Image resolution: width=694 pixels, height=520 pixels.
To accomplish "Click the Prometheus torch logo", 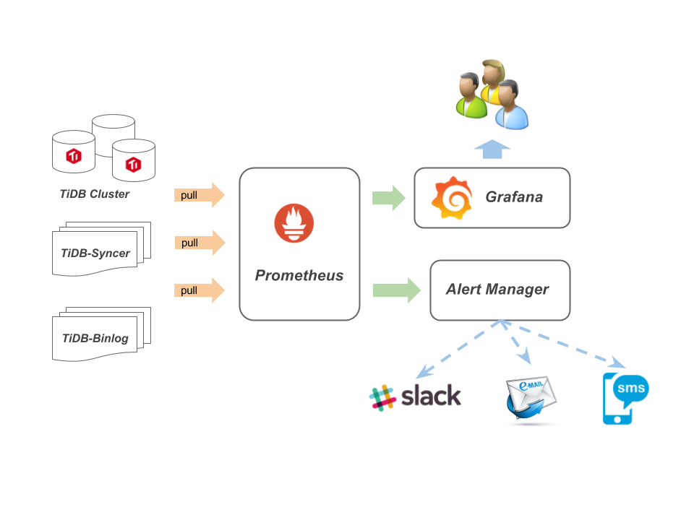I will pos(294,224).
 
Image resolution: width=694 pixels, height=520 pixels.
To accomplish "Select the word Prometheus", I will pos(299,275).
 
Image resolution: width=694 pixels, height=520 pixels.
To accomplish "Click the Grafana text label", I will pos(514,197).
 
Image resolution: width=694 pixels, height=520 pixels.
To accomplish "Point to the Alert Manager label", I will pos(497,290).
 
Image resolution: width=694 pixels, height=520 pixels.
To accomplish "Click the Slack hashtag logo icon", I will pos(382,397).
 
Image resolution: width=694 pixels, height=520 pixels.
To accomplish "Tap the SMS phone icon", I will pos(624,398).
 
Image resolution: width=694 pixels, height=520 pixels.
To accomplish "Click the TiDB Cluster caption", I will pos(95,194).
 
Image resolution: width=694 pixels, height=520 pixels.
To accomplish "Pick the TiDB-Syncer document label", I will pos(95,253).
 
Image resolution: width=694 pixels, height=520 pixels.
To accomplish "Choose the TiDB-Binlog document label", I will pos(95,338).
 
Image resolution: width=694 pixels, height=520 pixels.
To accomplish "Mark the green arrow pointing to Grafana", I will pos(389,198).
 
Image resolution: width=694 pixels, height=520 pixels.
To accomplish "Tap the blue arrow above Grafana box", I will pos(492,148).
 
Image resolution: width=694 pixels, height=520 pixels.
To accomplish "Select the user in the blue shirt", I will pos(511,106).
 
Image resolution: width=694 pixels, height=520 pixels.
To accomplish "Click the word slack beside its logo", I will pos(431,396).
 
